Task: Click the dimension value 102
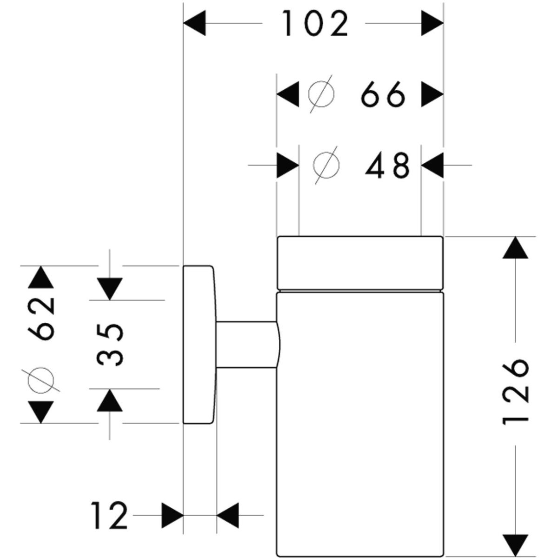coord(315,24)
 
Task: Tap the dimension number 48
coord(387,165)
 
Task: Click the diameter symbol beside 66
coord(321,95)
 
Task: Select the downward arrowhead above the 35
coord(110,288)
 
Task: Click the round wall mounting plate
coord(199,345)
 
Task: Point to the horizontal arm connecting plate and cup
coord(246,345)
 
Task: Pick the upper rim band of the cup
coord(360,263)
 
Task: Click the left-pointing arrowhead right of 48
coord(432,165)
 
